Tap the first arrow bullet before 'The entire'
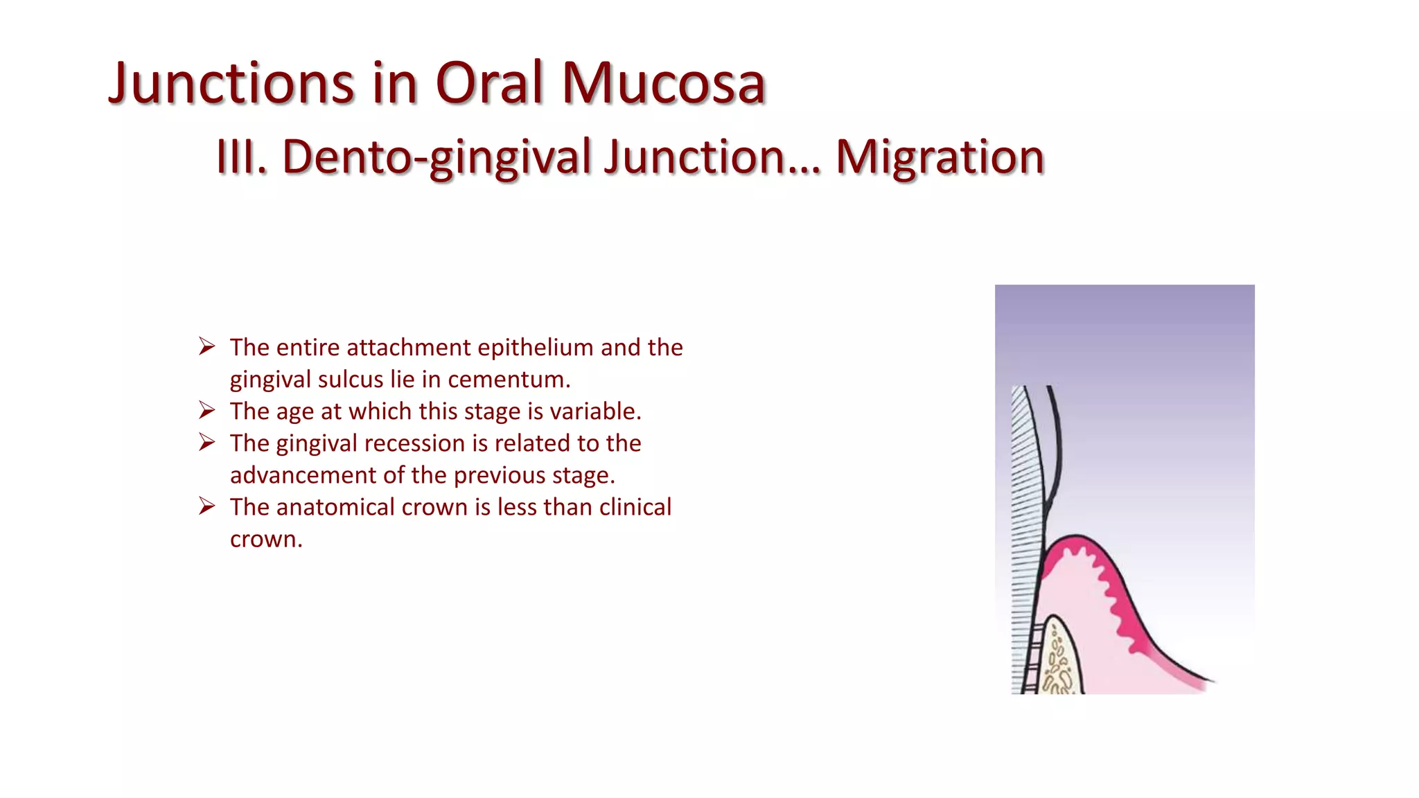[206, 346]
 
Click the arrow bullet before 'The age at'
[206, 410]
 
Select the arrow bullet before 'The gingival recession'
[206, 442]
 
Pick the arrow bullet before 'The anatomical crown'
[206, 506]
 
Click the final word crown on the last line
[265, 539]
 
